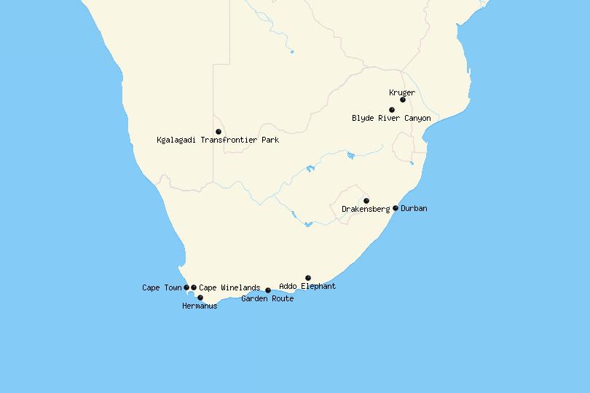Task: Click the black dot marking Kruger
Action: coord(403,100)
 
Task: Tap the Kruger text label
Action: coord(402,92)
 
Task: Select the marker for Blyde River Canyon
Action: coord(392,110)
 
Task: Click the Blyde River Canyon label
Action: coord(391,118)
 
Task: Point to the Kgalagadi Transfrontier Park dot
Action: coord(219,132)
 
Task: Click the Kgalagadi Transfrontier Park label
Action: coord(218,140)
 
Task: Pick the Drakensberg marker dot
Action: coord(366,201)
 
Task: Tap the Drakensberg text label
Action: coord(366,210)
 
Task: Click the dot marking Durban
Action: coord(396,208)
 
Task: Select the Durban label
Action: coord(414,208)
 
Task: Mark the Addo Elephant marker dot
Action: coord(308,278)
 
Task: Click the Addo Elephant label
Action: coord(307,287)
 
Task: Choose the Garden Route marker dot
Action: coord(268,290)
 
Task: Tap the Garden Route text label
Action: coord(267,298)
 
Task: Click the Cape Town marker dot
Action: coord(186,287)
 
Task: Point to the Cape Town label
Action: coord(162,287)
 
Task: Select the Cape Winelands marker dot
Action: coord(194,287)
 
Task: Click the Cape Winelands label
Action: coord(229,287)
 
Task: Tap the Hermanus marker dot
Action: coord(200,298)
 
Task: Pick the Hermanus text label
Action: coord(200,306)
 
